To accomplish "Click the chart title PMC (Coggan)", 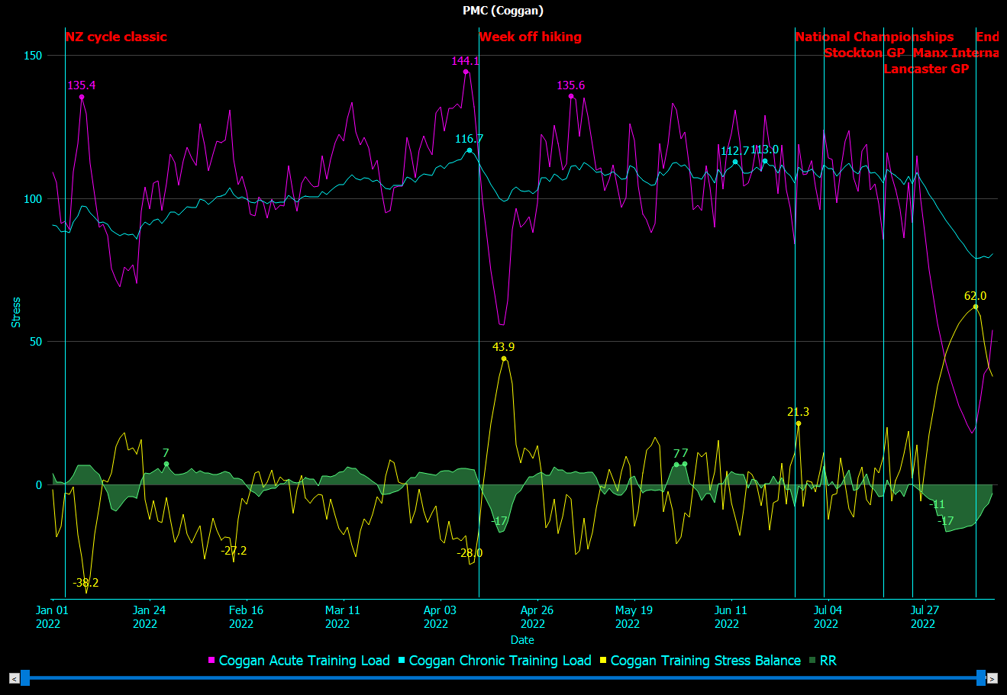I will (503, 11).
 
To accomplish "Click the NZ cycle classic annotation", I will (116, 37).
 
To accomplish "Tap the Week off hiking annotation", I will (530, 37).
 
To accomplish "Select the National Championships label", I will (874, 37).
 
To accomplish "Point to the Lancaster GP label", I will (926, 69).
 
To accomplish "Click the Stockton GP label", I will (864, 53).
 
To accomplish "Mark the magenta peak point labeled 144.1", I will (466, 72).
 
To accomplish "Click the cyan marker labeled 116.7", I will (470, 150).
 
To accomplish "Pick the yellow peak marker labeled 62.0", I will (975, 307).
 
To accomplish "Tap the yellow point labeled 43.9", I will (504, 359).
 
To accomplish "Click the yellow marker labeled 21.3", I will (799, 423).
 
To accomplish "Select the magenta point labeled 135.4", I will (82, 97).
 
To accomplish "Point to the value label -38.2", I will (86, 583).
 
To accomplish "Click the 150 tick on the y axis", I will (32, 56).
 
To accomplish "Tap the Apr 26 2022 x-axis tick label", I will (537, 617).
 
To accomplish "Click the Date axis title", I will (522, 640).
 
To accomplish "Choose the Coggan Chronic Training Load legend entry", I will (499, 661).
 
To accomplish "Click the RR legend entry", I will (828, 661).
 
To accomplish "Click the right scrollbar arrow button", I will (992, 677).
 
